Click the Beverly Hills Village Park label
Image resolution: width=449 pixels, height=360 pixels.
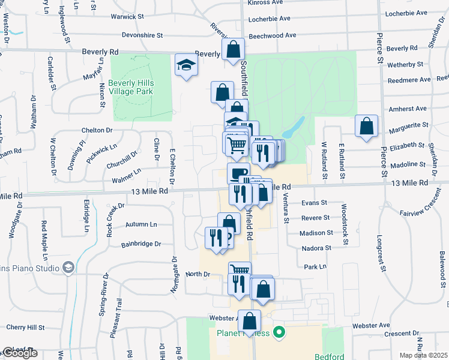[131, 87]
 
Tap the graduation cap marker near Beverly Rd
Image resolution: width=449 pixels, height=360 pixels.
[186, 65]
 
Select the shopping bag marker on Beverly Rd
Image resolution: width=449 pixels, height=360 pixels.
[233, 49]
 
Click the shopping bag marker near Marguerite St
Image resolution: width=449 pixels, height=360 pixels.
[366, 126]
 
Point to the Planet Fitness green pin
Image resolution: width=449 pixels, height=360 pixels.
[278, 332]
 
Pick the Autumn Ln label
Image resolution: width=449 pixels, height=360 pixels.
[140, 224]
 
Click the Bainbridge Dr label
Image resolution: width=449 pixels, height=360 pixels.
[141, 244]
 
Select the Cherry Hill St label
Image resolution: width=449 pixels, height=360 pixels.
[25, 328]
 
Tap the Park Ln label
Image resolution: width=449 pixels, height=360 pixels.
[315, 266]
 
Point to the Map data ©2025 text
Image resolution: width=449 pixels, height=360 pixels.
[424, 355]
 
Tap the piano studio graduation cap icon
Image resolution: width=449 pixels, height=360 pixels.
[68, 266]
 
